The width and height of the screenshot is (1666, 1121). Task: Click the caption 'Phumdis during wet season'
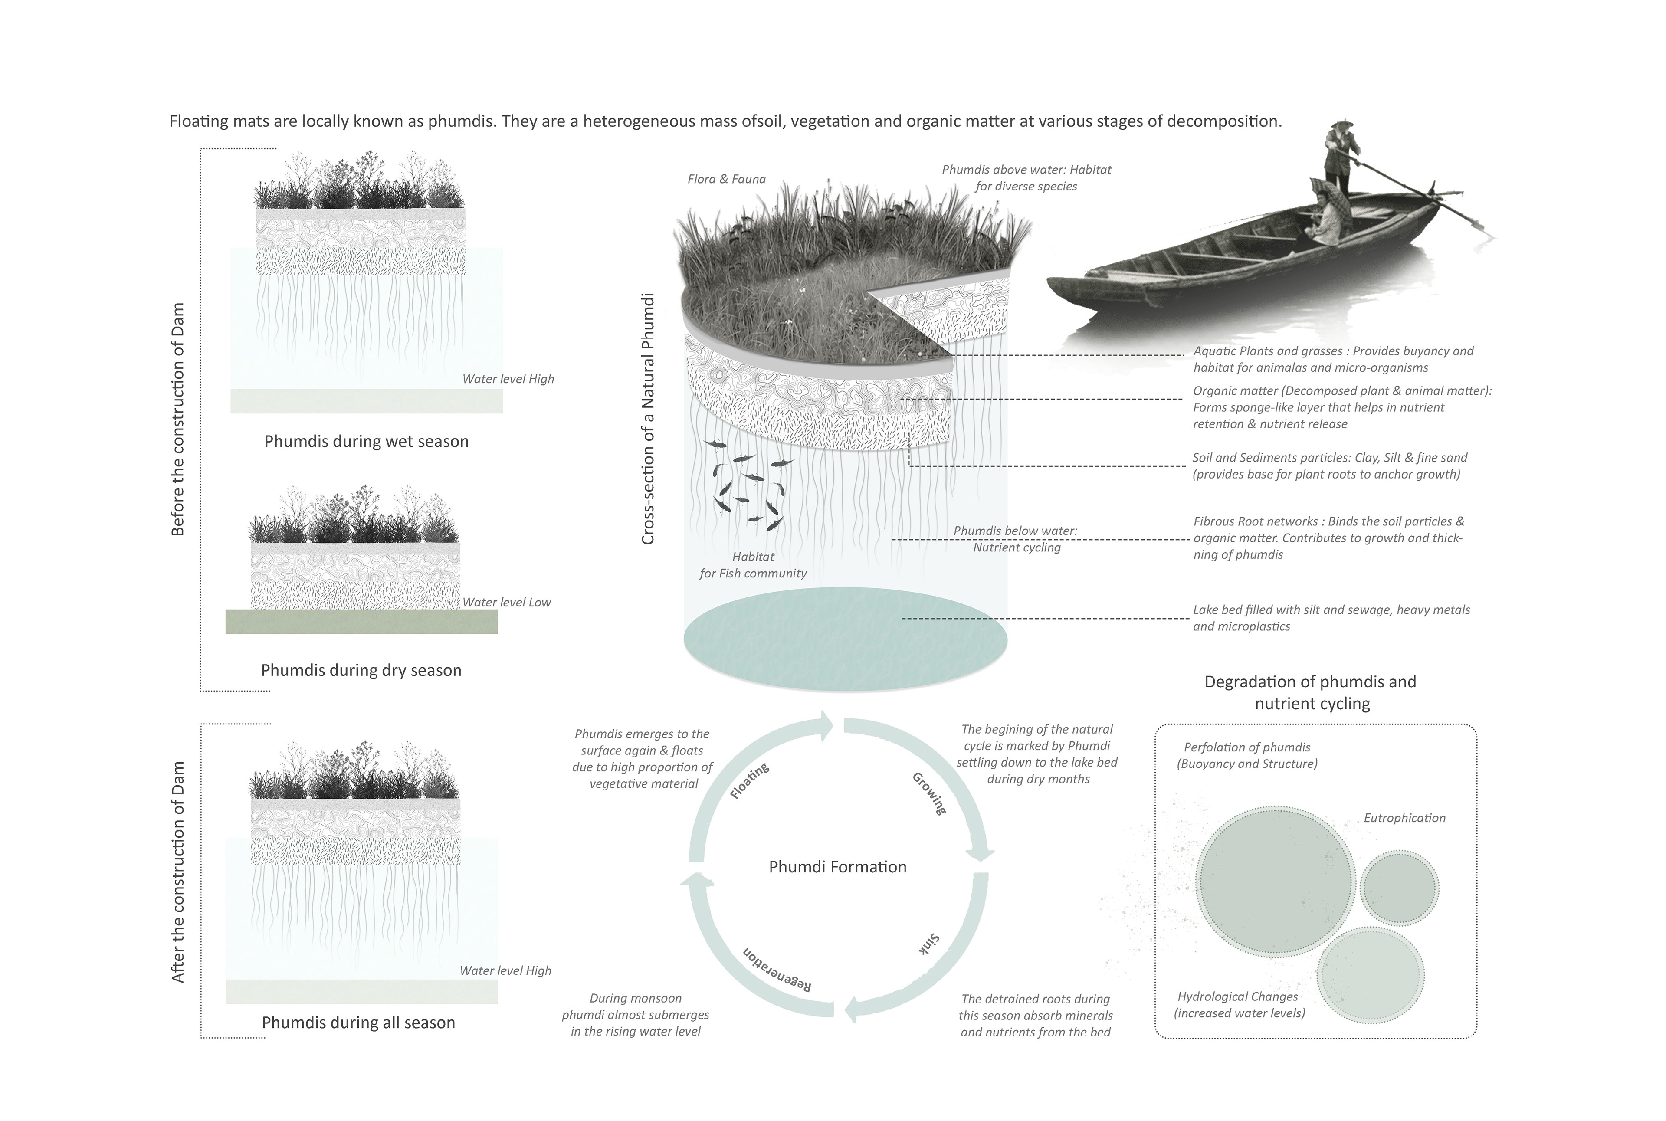coord(366,441)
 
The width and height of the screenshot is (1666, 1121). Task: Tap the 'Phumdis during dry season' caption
coord(361,670)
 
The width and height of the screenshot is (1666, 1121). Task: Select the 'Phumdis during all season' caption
coord(358,1023)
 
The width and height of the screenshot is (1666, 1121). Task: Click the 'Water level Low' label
coord(506,602)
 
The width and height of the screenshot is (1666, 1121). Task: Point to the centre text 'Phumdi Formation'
coord(837,866)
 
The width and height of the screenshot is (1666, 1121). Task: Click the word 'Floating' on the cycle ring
coord(749,780)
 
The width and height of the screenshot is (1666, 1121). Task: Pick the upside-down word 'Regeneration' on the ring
coord(777,970)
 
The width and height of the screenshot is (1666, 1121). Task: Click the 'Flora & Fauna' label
coord(726,179)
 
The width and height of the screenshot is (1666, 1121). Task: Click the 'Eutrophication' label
coord(1404,818)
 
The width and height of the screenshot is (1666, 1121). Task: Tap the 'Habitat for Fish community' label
coord(753,565)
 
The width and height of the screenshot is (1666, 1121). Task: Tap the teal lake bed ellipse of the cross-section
coord(845,639)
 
